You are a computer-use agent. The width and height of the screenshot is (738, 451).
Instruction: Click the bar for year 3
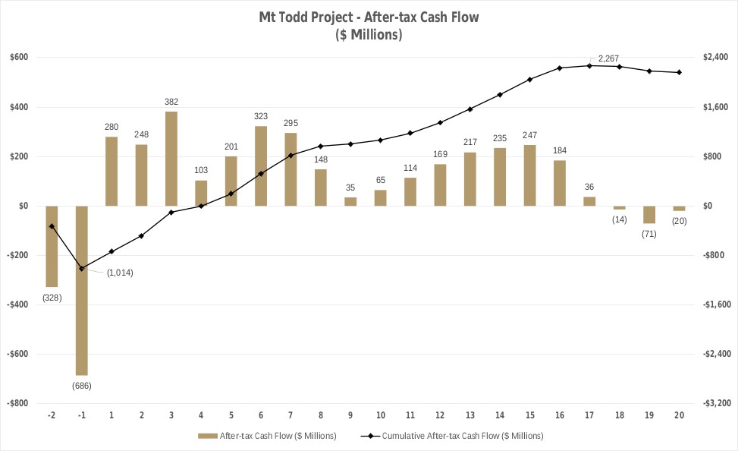[171, 159]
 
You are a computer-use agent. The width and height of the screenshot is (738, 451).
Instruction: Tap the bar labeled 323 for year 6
[261, 166]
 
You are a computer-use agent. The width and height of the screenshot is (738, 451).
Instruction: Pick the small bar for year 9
[350, 201]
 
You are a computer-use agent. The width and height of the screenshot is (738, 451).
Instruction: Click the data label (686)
[82, 386]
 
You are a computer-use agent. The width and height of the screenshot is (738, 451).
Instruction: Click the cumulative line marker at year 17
[589, 66]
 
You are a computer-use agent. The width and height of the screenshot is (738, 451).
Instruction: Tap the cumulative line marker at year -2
[52, 226]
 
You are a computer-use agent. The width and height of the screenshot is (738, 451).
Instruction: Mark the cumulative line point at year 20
[679, 72]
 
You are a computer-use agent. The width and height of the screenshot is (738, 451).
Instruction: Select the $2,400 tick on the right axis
[718, 58]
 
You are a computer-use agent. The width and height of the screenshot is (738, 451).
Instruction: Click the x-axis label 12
[440, 415]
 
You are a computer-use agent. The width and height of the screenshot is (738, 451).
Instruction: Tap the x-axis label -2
[52, 415]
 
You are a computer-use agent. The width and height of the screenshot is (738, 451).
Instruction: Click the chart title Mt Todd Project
[369, 17]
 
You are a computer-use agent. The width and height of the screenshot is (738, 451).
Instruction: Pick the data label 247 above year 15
[529, 135]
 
